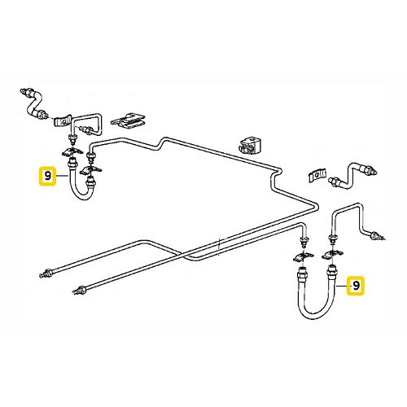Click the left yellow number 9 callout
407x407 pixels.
click(47, 175)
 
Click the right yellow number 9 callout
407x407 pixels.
click(355, 286)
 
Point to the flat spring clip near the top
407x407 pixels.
click(128, 120)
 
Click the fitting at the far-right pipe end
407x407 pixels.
click(377, 238)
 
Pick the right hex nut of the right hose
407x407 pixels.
click(331, 268)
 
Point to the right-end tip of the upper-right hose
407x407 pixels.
click(377, 172)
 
